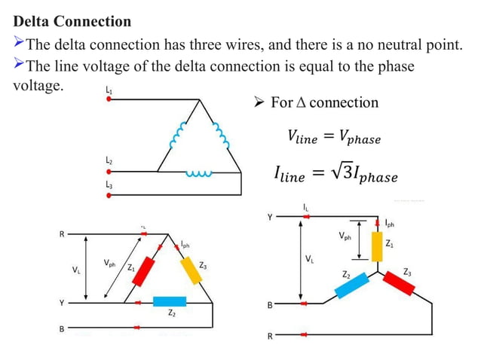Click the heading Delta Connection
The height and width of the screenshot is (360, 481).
pyautogui.click(x=72, y=22)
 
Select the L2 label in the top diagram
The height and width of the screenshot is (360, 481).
pyautogui.click(x=109, y=160)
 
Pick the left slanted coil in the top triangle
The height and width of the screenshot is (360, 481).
pyautogui.click(x=178, y=136)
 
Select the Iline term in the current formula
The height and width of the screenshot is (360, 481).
pyautogui.click(x=290, y=175)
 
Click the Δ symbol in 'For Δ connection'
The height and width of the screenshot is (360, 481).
pyautogui.click(x=300, y=102)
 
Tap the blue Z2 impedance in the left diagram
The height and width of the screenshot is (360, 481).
pyautogui.click(x=169, y=301)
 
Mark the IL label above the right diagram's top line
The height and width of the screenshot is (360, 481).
pyautogui.click(x=305, y=206)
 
